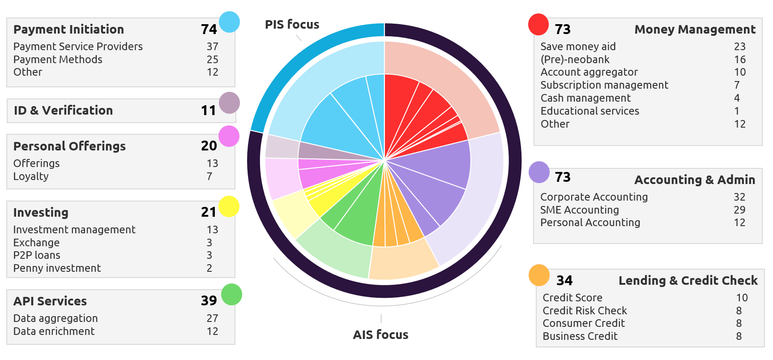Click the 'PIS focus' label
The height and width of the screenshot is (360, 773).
click(x=292, y=25)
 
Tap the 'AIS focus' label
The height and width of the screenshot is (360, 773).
click(x=380, y=335)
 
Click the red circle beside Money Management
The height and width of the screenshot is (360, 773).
click(x=538, y=24)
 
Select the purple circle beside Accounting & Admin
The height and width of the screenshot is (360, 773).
click(x=539, y=172)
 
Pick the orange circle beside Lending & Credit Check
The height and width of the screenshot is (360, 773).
click(x=539, y=275)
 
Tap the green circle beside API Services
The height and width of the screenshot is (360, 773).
click(x=231, y=295)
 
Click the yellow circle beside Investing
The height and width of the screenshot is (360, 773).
click(x=229, y=206)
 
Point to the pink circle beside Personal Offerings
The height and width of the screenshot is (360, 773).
click(x=229, y=136)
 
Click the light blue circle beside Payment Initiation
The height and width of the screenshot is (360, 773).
click(x=230, y=22)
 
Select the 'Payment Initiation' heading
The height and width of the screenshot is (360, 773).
click(x=68, y=30)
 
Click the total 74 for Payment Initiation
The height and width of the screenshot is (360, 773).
click(x=209, y=30)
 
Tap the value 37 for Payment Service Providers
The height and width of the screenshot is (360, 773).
click(x=212, y=47)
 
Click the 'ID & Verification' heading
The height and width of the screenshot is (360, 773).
click(x=63, y=111)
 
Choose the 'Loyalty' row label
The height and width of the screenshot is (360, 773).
click(x=31, y=176)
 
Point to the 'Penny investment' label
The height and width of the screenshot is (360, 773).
click(x=57, y=268)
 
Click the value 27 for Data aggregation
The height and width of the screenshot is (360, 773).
click(x=212, y=318)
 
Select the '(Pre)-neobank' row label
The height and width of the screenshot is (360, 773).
click(x=575, y=60)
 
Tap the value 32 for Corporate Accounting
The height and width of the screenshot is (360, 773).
click(x=739, y=197)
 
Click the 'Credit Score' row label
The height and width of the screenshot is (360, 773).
click(x=572, y=298)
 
